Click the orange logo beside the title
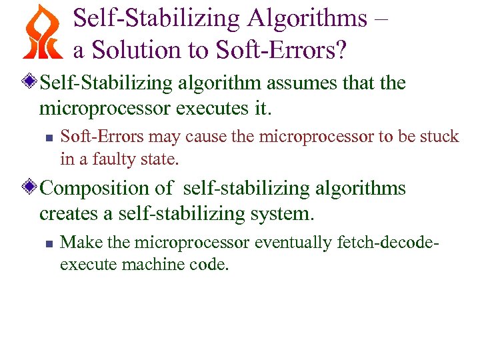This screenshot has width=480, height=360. (41, 31)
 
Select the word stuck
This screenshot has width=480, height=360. (441, 137)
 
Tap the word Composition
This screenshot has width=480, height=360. (97, 189)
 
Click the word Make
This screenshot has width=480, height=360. (76, 242)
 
